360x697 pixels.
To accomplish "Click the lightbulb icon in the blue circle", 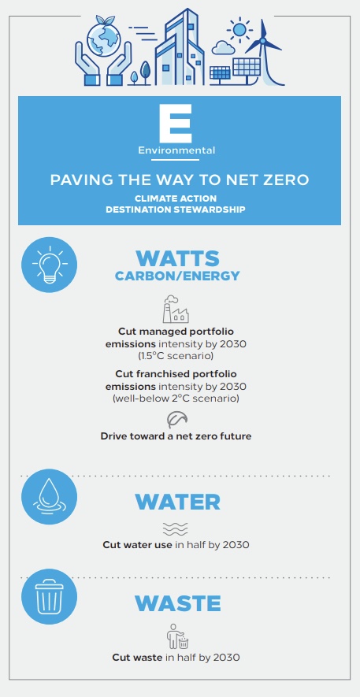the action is coord(50,265).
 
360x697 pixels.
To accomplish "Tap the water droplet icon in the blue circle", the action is coord(50,496).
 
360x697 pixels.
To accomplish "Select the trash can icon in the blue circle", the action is coord(50,596).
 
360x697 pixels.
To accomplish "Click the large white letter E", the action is coord(176,123).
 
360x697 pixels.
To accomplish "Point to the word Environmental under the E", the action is coord(176,150).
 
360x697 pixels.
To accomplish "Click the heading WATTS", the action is coord(177,258).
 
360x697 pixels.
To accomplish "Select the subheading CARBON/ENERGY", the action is coord(177,276).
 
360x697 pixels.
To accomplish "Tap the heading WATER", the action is coord(178,502).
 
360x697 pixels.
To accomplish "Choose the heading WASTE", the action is coord(178,603).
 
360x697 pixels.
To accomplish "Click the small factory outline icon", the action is coord(176,309).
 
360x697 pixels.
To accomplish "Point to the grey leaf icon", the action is coord(177,419).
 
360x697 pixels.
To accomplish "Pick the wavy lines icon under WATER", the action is coord(176,528).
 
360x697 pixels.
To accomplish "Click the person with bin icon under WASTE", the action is coord(177,637).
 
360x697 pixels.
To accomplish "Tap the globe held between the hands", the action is coord(102,37).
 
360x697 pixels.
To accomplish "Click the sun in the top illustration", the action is coord(239,30).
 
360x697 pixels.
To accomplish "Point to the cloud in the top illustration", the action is coord(223,47).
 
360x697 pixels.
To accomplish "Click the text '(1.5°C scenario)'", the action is coord(176,356).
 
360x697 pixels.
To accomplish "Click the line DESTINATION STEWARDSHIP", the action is coord(175,209).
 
